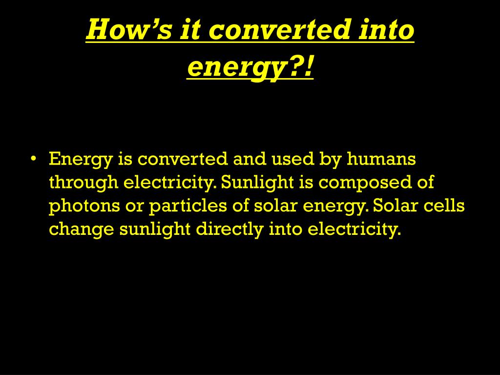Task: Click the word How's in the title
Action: pos(129,29)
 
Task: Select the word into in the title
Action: pos(386,29)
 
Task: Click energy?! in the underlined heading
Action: pos(250,67)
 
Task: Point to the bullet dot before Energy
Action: pos(34,158)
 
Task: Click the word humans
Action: pos(381,158)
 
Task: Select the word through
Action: pos(83,183)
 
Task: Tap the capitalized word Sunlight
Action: pos(257,183)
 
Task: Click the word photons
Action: pos(84,206)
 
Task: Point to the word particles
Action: pos(188,206)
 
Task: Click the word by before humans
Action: pos(331,159)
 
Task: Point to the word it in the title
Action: pos(190,29)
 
